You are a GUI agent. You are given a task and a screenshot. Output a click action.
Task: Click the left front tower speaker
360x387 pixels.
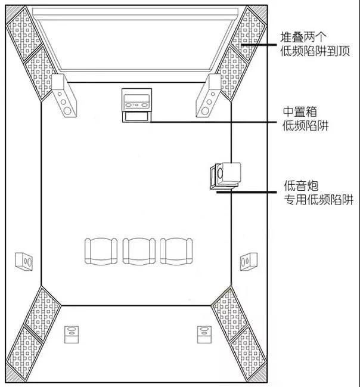[x=64, y=96]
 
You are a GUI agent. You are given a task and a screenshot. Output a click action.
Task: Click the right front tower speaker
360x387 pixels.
[x=209, y=96]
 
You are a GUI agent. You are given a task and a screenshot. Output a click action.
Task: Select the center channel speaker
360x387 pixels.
[x=136, y=100]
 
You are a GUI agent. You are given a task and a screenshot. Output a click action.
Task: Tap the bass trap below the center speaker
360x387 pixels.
[x=136, y=117]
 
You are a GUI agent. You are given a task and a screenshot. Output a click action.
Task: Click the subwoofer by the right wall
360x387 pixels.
[x=225, y=176]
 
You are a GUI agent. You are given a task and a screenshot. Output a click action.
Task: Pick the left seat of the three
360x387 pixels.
[x=101, y=251]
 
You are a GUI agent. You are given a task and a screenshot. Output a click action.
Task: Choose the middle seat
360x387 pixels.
[x=139, y=251]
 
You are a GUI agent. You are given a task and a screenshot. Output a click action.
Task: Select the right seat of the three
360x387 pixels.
[x=176, y=251]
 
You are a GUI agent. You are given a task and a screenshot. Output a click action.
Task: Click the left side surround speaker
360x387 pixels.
[x=24, y=261]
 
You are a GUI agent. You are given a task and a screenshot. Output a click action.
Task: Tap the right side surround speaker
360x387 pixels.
[x=249, y=261]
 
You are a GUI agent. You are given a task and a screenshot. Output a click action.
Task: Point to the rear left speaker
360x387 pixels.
[x=72, y=335]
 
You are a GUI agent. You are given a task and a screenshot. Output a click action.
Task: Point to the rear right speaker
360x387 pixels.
[x=204, y=335]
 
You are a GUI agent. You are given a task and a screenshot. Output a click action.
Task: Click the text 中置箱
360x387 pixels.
[x=300, y=112]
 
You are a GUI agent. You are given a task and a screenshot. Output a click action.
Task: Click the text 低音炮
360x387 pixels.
[x=301, y=185]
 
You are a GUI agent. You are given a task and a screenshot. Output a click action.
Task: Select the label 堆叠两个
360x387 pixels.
[x=304, y=37]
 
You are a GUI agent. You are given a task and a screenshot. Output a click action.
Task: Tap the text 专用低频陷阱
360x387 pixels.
[x=318, y=200]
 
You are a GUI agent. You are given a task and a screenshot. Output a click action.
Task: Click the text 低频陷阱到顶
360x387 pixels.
[x=315, y=51]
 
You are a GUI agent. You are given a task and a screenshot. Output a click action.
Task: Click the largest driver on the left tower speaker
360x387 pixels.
[x=67, y=111]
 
